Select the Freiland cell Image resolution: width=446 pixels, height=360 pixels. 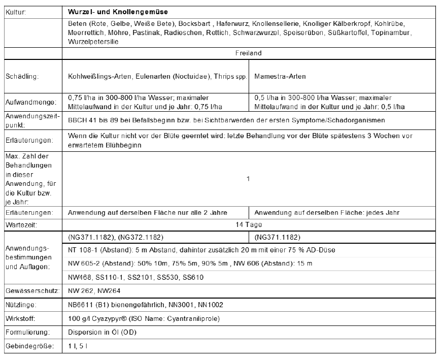coord(248,53)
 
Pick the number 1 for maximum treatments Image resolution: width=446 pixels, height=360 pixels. coord(248,179)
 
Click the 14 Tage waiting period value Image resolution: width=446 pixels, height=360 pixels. coord(248,224)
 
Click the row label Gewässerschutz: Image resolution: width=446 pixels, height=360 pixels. coord(31,291)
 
